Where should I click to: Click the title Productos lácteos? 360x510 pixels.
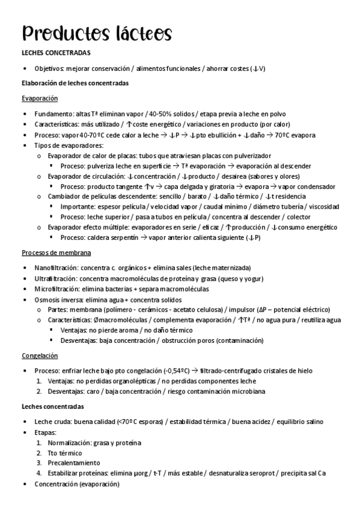pos(97,32)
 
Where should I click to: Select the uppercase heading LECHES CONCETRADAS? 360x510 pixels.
pos(56,53)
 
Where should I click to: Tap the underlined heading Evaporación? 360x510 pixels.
pos(40,98)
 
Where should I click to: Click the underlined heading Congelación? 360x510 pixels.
pos(40,355)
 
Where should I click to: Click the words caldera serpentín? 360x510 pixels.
pos(116,238)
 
